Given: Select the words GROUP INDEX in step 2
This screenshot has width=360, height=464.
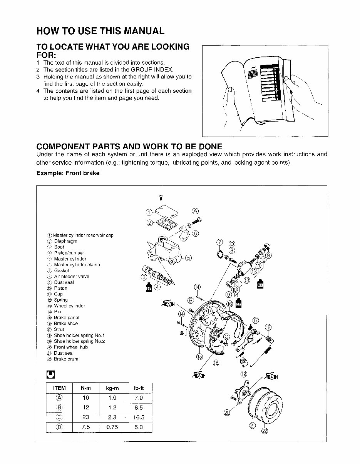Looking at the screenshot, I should coord(152,70).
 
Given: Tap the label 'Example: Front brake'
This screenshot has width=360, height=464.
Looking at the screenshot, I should coord(68,173).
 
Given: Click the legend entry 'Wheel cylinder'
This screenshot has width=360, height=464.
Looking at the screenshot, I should coord(69,306).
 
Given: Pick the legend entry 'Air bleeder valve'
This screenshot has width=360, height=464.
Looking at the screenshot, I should coord(71,276).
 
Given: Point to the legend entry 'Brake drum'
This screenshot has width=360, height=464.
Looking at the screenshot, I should coord(66,359).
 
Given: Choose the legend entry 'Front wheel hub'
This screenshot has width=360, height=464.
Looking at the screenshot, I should coord(70,347).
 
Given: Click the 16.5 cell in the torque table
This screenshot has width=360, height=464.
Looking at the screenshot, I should coord(138,417).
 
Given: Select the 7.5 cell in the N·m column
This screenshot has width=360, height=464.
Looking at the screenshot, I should coord(85,427).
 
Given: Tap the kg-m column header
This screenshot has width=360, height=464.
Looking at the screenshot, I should coord(112,388).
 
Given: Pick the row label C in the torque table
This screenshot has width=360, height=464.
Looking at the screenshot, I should coord(59,417).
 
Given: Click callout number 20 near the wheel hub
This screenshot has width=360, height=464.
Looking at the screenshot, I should coord(227,413).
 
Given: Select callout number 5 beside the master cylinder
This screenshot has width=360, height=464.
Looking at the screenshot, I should coord(188,258).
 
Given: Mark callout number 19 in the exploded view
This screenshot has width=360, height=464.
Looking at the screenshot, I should coord(244,374).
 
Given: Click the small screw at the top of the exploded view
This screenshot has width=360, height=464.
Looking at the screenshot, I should coord(160,198).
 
